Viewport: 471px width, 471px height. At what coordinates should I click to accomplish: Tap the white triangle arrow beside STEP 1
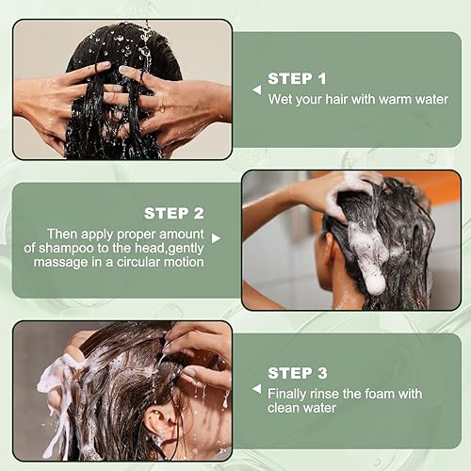[x=255, y=89]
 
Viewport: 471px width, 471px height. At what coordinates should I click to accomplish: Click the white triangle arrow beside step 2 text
[x=216, y=238]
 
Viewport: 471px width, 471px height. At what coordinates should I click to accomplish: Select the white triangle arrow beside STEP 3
[x=255, y=385]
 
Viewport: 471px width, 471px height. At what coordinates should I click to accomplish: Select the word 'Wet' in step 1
[x=281, y=99]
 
